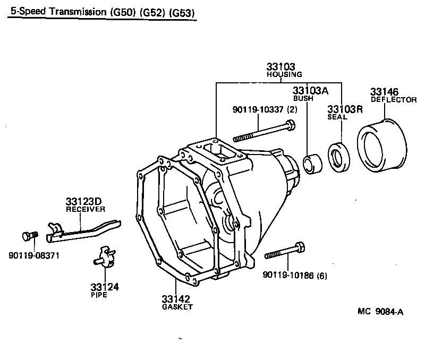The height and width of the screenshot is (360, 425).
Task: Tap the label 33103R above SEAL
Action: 345,109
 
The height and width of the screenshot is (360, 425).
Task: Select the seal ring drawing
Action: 337,157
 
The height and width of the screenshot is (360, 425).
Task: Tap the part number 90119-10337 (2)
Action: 265,109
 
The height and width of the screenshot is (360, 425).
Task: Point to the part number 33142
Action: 177,299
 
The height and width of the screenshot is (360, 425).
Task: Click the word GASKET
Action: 177,307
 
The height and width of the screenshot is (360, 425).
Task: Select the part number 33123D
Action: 83,202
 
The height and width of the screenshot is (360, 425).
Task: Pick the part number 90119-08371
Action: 33,256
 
